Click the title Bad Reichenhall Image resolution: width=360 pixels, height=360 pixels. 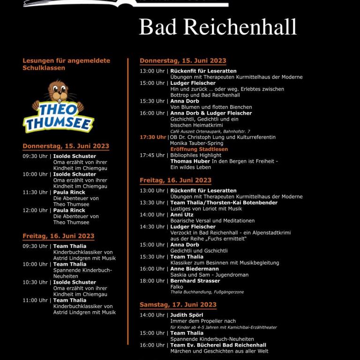tap(218, 27)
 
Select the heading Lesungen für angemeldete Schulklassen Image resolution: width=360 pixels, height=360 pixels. tap(66, 64)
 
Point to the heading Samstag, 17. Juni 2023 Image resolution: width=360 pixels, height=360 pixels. tap(178, 305)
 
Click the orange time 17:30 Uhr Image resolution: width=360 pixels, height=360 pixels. tap(152, 137)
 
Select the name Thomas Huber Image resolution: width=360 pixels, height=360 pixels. tap(190, 161)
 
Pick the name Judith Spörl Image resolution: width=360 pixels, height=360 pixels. tap(186, 315)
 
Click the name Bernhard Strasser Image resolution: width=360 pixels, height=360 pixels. tap(195, 281)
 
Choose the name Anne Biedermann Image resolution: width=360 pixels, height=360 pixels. tap(195, 269)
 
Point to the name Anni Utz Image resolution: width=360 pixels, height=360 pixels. tap(182, 215)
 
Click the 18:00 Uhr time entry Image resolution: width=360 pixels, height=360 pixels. tap(152, 281)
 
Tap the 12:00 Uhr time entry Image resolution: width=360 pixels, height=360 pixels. tap(35, 210)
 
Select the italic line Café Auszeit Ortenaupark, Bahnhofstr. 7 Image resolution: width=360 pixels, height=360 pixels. tap(210, 131)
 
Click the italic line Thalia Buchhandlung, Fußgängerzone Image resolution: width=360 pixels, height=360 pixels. tap(207, 292)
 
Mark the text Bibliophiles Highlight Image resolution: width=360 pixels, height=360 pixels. tap(196, 155)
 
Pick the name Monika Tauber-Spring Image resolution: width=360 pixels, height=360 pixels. tap(197, 143)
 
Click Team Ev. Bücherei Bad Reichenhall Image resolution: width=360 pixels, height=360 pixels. tap(218, 345)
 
